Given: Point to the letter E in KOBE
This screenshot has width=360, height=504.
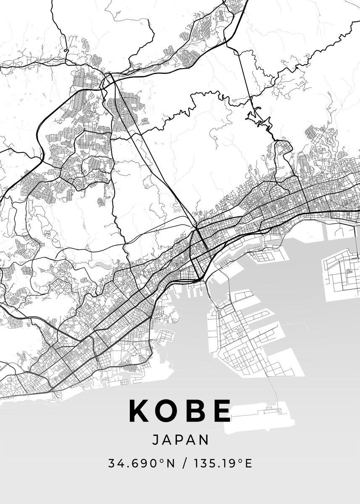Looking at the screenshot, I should pyautogui.click(x=221, y=410).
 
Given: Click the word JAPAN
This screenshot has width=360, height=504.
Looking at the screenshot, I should pyautogui.click(x=180, y=440).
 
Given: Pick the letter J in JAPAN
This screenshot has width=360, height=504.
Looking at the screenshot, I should pyautogui.click(x=155, y=440).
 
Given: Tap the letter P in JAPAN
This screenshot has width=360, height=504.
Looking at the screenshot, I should pyautogui.click(x=180, y=440).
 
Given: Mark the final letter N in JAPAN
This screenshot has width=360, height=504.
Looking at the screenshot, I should pyautogui.click(x=204, y=440).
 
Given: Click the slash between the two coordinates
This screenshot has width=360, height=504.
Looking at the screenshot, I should pyautogui.click(x=184, y=464).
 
